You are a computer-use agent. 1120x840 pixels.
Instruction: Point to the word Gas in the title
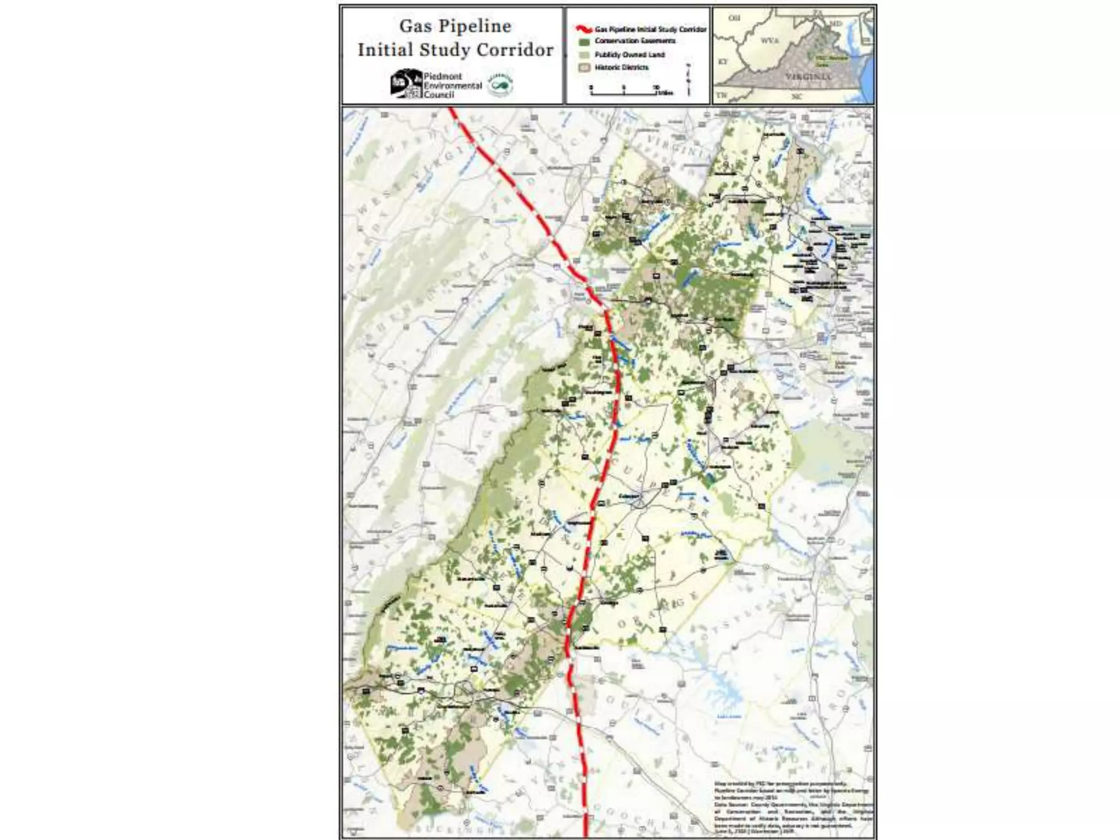tap(413, 26)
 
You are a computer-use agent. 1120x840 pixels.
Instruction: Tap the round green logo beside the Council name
tap(500, 84)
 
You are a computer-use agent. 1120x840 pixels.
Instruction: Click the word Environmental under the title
tap(452, 85)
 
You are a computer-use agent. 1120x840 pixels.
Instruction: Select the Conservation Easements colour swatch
tap(585, 42)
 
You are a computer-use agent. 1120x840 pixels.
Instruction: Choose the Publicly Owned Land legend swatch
tap(585, 55)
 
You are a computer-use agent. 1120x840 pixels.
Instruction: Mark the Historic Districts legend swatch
tap(585, 68)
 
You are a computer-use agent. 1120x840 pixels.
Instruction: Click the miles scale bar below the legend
tap(623, 92)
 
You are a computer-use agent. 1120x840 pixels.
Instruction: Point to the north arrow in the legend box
tap(688, 80)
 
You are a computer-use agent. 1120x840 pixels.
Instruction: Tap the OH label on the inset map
tap(734, 18)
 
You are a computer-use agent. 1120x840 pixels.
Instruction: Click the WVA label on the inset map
tap(769, 40)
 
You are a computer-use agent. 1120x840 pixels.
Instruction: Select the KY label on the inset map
tap(722, 62)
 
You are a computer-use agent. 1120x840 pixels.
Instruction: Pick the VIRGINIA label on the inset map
tap(809, 77)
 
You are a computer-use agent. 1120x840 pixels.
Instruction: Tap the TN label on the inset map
tap(721, 95)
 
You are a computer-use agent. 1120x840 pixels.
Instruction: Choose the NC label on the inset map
tap(796, 97)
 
